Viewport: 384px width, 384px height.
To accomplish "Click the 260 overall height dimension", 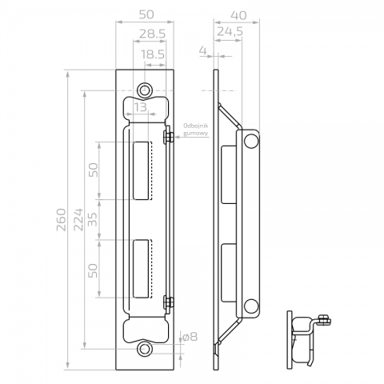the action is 62,219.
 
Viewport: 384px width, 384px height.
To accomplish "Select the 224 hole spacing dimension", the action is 78,219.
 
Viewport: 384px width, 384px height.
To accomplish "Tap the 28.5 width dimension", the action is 153,34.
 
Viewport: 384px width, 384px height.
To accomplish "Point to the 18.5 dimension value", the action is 153,54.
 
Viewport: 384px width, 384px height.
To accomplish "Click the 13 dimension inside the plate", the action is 141,107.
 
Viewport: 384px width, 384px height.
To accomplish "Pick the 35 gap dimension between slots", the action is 93,219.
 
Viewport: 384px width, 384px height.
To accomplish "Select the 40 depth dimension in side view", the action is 238,15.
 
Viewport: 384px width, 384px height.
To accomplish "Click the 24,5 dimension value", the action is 230,32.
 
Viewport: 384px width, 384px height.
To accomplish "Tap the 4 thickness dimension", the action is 203,50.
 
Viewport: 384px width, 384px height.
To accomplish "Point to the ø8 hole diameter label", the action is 190,337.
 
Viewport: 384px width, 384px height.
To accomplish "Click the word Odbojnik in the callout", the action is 195,126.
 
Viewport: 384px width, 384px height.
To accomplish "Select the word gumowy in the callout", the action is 195,133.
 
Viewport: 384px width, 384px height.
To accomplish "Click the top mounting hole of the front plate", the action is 145,90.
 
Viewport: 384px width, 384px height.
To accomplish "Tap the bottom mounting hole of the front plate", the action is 145,349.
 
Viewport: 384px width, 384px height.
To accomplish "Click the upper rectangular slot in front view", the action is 141,170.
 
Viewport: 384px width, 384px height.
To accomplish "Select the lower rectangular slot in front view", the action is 141,269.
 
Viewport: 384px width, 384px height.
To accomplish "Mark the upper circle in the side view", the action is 251,141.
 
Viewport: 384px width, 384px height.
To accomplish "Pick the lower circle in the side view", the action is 251,306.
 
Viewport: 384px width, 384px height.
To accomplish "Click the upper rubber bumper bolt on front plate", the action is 168,135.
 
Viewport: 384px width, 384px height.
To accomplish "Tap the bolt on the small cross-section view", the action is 325,320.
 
